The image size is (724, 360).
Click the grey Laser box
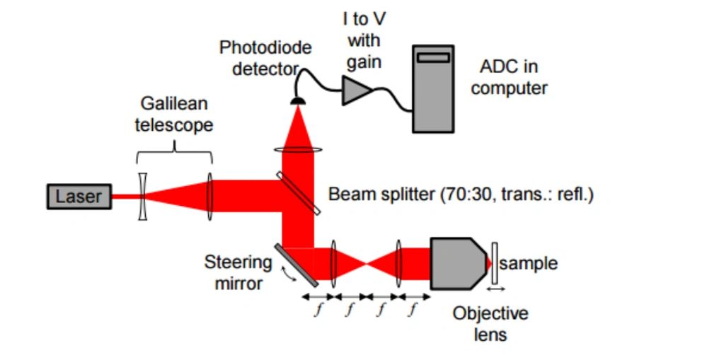pyautogui.click(x=79, y=197)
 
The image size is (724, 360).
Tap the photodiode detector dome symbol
pyautogui.click(x=298, y=100)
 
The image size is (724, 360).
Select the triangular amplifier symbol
pyautogui.click(x=357, y=91)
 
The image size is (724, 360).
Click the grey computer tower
pyautogui.click(x=434, y=88)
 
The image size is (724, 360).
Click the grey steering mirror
pyautogui.click(x=293, y=265)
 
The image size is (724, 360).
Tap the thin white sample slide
pyautogui.click(x=494, y=264)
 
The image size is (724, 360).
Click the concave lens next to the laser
pyautogui.click(x=143, y=197)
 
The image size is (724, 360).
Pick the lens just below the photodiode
pyautogui.click(x=297, y=149)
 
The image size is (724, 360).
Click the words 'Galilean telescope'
pyautogui.click(x=174, y=114)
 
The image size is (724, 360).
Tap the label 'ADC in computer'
pyautogui.click(x=509, y=78)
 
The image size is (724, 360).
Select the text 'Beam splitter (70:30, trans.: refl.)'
pyautogui.click(x=461, y=194)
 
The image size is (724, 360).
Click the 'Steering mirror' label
pyautogui.click(x=238, y=272)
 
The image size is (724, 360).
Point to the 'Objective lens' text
pyautogui.click(x=490, y=323)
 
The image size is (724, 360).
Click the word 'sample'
pyautogui.click(x=529, y=264)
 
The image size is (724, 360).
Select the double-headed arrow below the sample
pyautogui.click(x=495, y=289)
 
